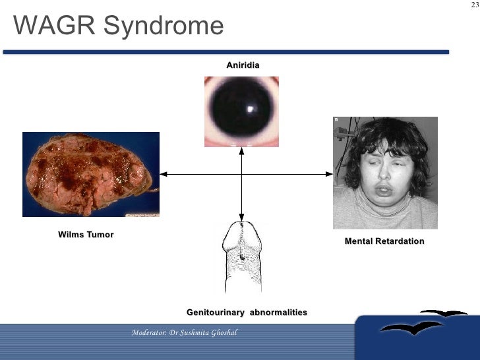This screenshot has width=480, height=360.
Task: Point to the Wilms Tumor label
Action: (x=86, y=235)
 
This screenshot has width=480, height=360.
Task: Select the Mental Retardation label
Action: (x=384, y=241)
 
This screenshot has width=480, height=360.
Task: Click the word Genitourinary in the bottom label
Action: (x=215, y=312)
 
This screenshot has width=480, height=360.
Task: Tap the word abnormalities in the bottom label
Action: (x=278, y=312)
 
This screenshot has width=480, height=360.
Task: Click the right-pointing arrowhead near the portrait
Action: (x=329, y=174)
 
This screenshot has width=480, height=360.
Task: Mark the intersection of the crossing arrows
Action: (x=242, y=174)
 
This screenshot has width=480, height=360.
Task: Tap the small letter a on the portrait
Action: (x=336, y=120)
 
